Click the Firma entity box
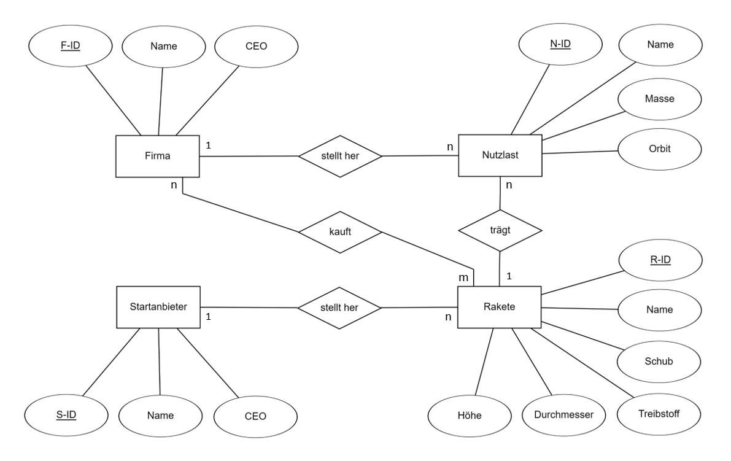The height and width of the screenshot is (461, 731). (158, 156)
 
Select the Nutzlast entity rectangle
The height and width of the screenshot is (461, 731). (500, 156)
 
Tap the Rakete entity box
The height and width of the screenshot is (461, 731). (499, 307)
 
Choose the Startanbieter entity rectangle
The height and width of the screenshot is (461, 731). (158, 307)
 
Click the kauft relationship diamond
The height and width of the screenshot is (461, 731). (340, 231)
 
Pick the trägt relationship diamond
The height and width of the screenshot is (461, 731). (500, 230)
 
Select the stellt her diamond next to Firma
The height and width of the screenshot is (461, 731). (340, 156)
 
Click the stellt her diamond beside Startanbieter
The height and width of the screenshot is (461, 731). (339, 308)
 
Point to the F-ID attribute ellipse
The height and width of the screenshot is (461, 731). (71, 46)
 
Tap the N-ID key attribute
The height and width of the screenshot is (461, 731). (560, 44)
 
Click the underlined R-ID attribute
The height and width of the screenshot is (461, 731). (660, 260)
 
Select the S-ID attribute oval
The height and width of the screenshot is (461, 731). (66, 415)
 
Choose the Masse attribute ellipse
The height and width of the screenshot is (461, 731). (659, 99)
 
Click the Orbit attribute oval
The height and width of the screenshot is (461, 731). (659, 149)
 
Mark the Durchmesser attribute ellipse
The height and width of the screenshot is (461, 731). (563, 415)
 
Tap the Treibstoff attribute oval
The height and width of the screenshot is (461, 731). (659, 414)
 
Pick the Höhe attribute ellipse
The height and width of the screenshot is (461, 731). (470, 416)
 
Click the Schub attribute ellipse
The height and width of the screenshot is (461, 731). (659, 361)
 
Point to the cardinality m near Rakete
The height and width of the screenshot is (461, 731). (463, 278)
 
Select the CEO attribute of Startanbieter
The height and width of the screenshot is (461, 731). (255, 416)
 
